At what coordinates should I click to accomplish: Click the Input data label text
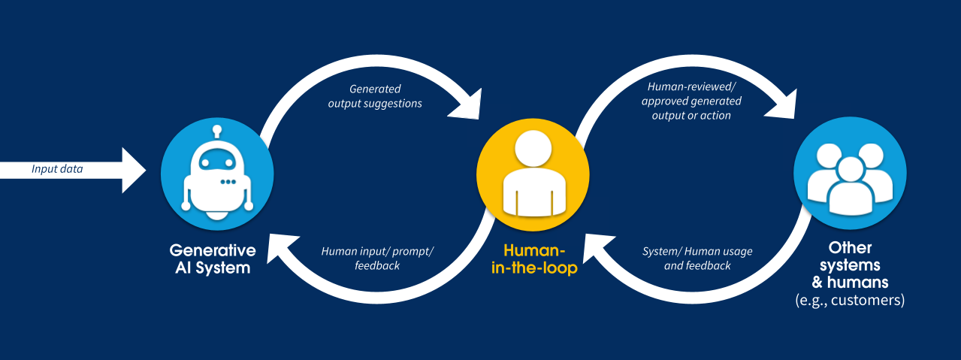coord(57,169)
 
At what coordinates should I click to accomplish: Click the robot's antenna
coord(218,132)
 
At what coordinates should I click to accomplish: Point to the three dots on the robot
coord(228,182)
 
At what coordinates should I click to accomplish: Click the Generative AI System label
coord(213,259)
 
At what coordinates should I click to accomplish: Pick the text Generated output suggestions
coord(375,95)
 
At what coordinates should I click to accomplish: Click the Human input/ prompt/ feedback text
coord(377,258)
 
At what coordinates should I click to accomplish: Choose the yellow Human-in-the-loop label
coord(533,259)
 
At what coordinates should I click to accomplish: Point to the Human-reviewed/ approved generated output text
coord(694,101)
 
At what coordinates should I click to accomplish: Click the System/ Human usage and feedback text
coord(697,258)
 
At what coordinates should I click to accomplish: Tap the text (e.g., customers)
coord(850,301)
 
